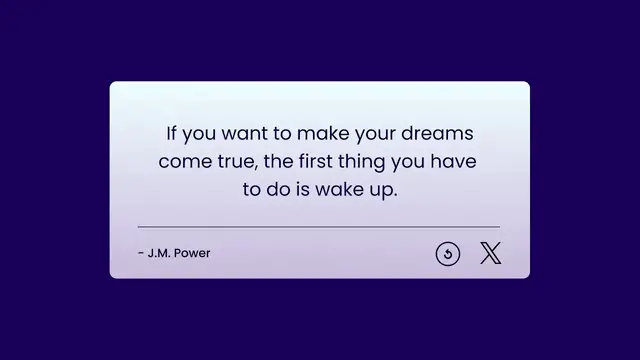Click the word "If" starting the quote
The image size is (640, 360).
(171, 133)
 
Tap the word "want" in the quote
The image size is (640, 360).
(240, 133)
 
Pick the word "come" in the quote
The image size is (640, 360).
(183, 161)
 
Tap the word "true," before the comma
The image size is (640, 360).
(240, 161)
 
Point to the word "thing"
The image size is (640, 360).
(381, 161)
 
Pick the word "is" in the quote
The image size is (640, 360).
(301, 189)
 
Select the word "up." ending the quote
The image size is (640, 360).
(384, 189)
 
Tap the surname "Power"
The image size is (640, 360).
(192, 253)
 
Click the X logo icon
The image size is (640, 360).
(490, 254)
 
